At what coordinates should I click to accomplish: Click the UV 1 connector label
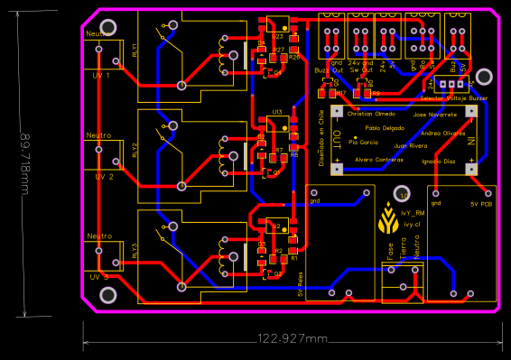(103, 76)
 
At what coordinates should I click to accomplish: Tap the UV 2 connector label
(103, 177)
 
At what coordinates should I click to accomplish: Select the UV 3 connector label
(99, 276)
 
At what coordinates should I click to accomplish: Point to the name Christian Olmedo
(371, 115)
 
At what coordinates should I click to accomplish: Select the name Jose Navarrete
(435, 115)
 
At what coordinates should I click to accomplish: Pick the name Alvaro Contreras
(378, 160)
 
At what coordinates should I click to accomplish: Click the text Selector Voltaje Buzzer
(454, 97)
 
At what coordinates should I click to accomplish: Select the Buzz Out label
(329, 69)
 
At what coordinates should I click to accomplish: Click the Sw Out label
(360, 69)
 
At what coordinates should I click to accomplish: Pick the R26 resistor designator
(294, 57)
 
